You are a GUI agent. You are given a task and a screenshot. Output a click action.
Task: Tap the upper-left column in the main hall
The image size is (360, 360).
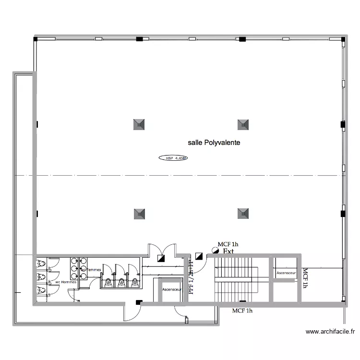pyautogui.click(x=139, y=125)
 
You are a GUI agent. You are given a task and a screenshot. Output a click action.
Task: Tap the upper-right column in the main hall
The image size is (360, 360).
pyautogui.click(x=243, y=125)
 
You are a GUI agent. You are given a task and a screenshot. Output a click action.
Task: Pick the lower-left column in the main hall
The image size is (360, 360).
pyautogui.click(x=139, y=213)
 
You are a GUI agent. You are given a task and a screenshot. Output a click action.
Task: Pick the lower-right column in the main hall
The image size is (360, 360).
pyautogui.click(x=243, y=213)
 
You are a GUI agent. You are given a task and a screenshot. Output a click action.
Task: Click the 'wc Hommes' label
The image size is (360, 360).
pyautogui.click(x=66, y=282)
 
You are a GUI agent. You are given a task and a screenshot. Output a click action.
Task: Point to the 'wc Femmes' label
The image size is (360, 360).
pyautogui.click(x=91, y=270)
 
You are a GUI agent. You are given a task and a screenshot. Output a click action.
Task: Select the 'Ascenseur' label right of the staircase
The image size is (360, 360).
pyautogui.click(x=286, y=273)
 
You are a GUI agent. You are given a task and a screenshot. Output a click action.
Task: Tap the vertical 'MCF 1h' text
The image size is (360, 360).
pyautogui.click(x=305, y=278)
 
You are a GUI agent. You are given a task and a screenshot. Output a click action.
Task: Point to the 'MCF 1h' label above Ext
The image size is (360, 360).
pyautogui.click(x=228, y=244)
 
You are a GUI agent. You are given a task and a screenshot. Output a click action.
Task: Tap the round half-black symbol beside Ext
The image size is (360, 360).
pyautogui.click(x=215, y=251)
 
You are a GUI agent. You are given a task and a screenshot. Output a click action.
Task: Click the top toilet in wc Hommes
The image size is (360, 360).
pyautogui.click(x=41, y=264)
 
